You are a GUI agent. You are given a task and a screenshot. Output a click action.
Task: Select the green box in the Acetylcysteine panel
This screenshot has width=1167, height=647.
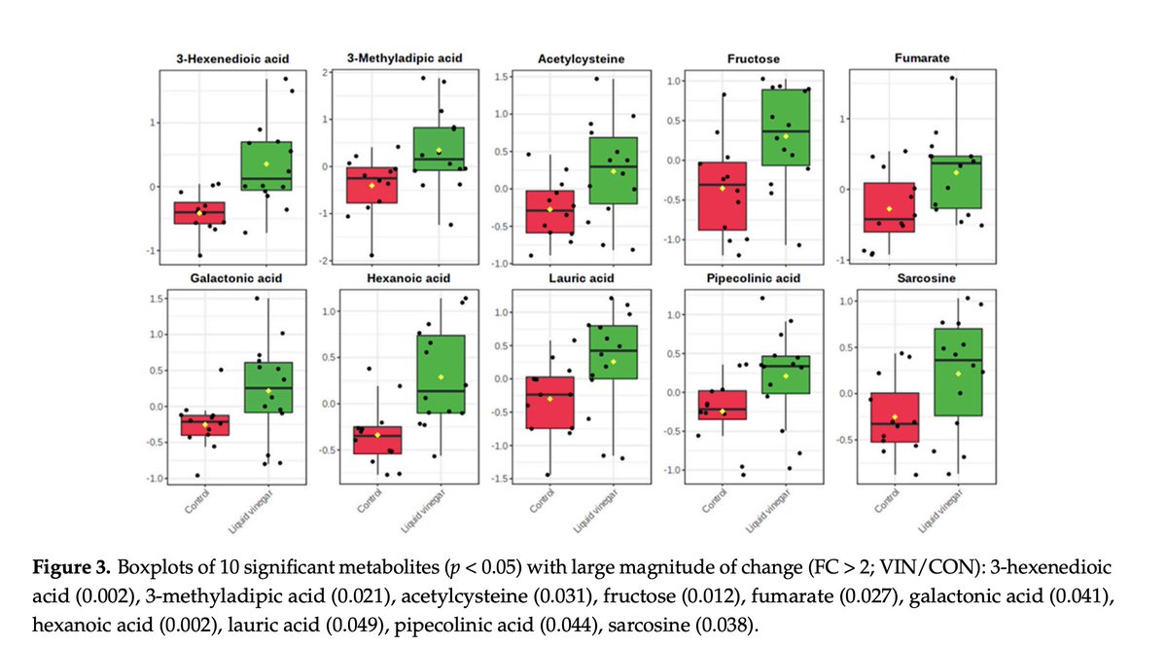tap(613, 170)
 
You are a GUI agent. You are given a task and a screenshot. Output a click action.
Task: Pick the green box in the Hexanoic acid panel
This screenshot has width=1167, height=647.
tap(440, 375)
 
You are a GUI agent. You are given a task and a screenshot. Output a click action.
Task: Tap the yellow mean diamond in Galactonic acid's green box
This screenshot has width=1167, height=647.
tap(268, 391)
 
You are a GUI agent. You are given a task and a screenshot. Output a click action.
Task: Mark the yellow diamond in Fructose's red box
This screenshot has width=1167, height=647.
tap(723, 188)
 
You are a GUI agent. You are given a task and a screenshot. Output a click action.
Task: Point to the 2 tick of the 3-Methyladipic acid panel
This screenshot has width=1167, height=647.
tap(329, 73)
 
